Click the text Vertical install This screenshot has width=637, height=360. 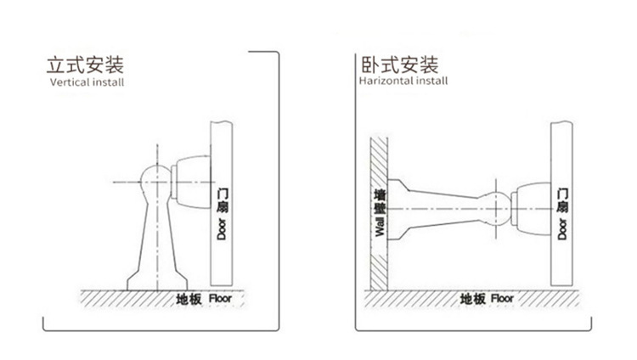pos(87,84)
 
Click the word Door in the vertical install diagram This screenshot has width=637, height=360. pos(221,228)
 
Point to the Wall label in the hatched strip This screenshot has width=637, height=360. pos(380,227)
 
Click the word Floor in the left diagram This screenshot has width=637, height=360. pos(220,299)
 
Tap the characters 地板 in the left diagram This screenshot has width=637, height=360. pos(188,299)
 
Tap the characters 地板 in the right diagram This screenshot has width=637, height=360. pos(471,299)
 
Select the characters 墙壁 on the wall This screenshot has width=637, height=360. pos(380,200)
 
